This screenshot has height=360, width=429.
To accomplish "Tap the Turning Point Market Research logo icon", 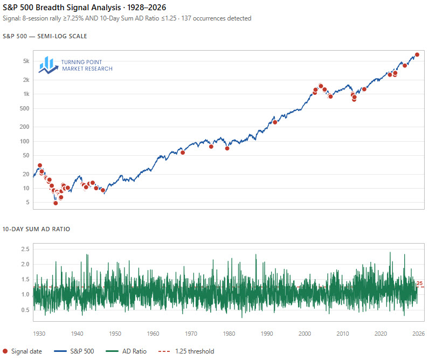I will (x=49, y=65).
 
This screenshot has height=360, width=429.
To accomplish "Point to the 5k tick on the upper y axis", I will (x=25, y=61).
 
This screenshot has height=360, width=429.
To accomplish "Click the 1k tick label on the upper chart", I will (x=25, y=94).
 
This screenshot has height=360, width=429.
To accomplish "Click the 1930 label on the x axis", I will (x=39, y=333).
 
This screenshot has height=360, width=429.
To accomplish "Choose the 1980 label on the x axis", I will (x=229, y=333).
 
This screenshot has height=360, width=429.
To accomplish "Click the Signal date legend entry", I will (x=22, y=351).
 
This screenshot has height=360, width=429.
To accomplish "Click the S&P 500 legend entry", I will (x=75, y=351).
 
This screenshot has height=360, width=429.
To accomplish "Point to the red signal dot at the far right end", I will (x=417, y=55).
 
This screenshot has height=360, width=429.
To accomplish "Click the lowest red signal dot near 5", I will (x=56, y=203).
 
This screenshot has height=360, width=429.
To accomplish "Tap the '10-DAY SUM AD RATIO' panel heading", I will (x=36, y=229).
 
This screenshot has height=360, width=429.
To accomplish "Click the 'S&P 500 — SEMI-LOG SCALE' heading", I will (x=45, y=36).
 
